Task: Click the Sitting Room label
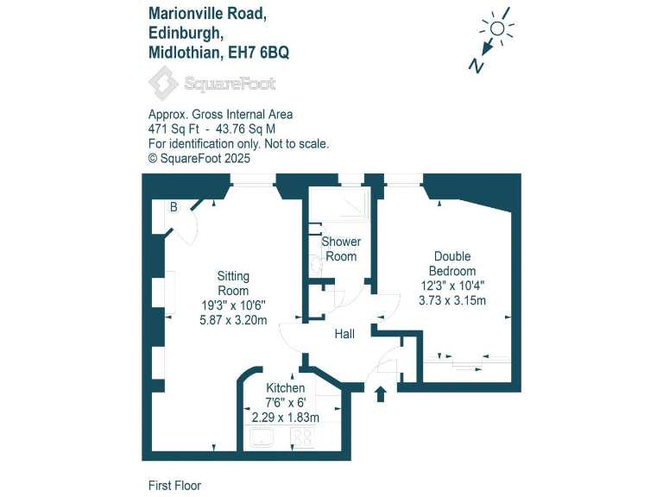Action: pos(233,283)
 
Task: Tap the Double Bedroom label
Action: pos(452,263)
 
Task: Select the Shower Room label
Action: pos(341,248)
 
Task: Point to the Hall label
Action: pos(345,334)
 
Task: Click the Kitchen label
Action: pos(285,388)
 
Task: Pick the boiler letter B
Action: pos(174,207)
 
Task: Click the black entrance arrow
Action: pos(382,393)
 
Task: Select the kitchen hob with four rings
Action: pos(302,439)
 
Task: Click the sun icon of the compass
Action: pos(497,28)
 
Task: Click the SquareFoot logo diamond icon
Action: pos(162,84)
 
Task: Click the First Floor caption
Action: pos(174,486)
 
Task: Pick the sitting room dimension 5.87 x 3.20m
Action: pos(233,319)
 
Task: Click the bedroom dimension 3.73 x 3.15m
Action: pos(452,300)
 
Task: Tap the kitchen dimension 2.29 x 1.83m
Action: pos(285,417)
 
